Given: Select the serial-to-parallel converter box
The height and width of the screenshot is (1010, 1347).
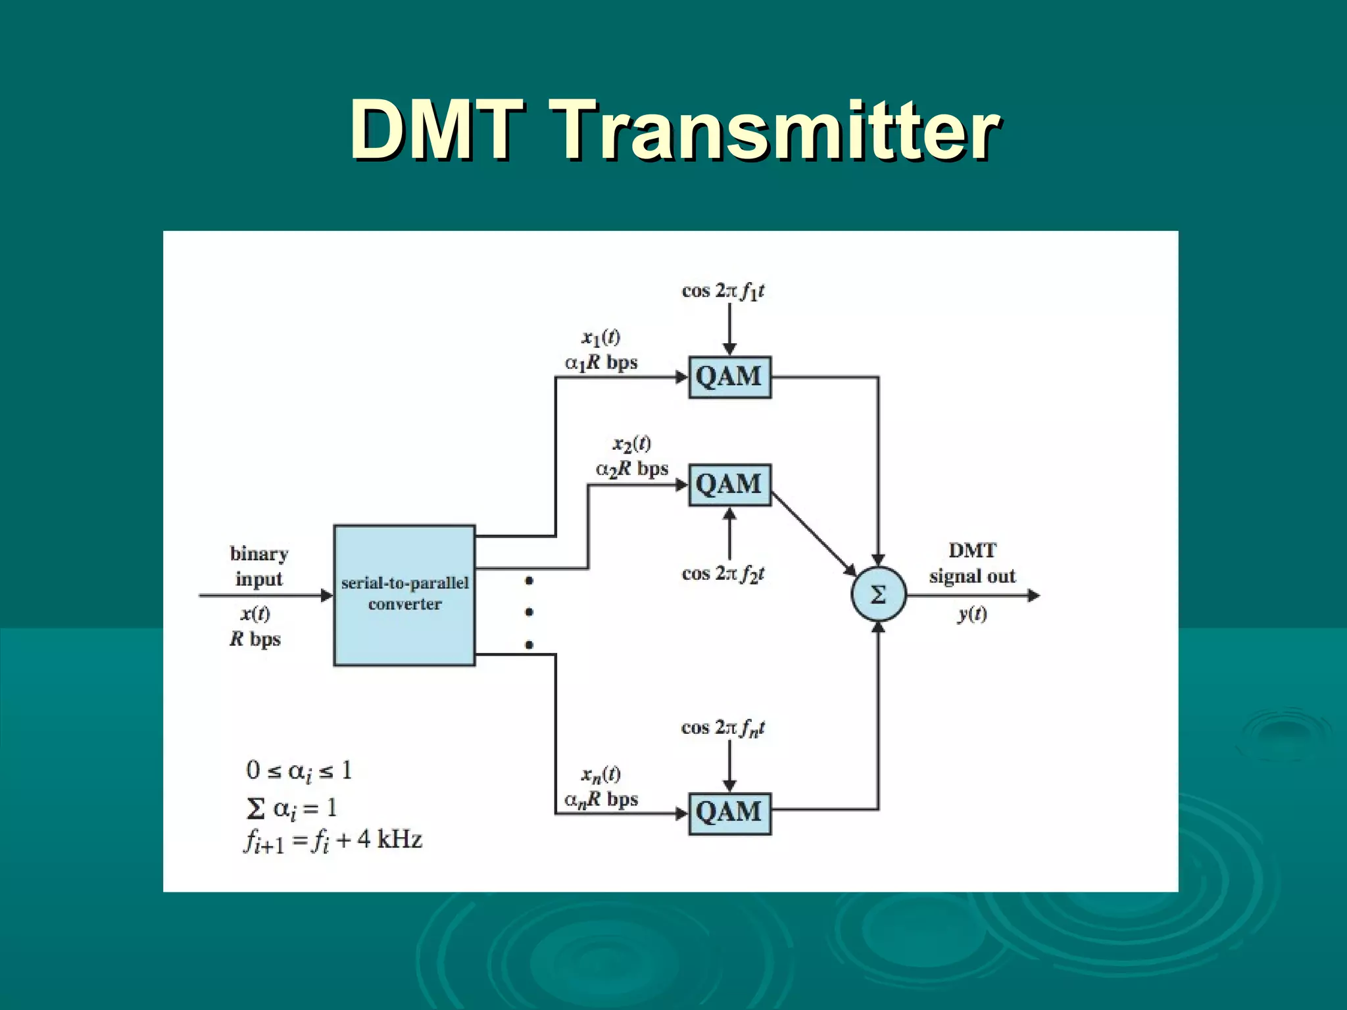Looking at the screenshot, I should coord(404,595).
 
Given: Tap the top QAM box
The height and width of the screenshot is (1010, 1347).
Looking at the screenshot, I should coord(729,377).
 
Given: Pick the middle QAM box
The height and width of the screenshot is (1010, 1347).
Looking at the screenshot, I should coord(729,485).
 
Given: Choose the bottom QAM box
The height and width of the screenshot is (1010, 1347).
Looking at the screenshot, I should coord(729,813).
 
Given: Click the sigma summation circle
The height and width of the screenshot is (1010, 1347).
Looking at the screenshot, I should coord(878,595).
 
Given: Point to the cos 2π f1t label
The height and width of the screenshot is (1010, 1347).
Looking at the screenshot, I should coord(723,291).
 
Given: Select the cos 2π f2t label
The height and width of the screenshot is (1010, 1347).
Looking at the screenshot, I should coord(723,574).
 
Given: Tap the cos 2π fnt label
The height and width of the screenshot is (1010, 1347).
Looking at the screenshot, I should coord(723,728).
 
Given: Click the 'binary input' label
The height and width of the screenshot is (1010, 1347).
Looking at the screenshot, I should coord(259,566).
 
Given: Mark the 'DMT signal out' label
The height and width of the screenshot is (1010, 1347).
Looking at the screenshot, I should coord(972,564).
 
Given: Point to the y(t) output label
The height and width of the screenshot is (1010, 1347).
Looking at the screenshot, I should coord(972,614).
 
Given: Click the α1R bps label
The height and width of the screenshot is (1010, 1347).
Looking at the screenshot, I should coord(601,363).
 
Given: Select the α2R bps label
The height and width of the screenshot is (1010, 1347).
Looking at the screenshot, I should coord(632,469).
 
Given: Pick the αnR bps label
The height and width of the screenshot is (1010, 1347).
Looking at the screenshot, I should coord(601,800).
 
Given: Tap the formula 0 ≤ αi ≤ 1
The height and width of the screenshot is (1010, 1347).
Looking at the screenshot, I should coord(299,771).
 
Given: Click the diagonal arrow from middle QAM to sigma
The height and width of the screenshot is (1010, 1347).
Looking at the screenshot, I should coord(813,534).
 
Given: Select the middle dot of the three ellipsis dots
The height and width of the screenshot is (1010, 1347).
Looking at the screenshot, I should coord(529,612).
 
